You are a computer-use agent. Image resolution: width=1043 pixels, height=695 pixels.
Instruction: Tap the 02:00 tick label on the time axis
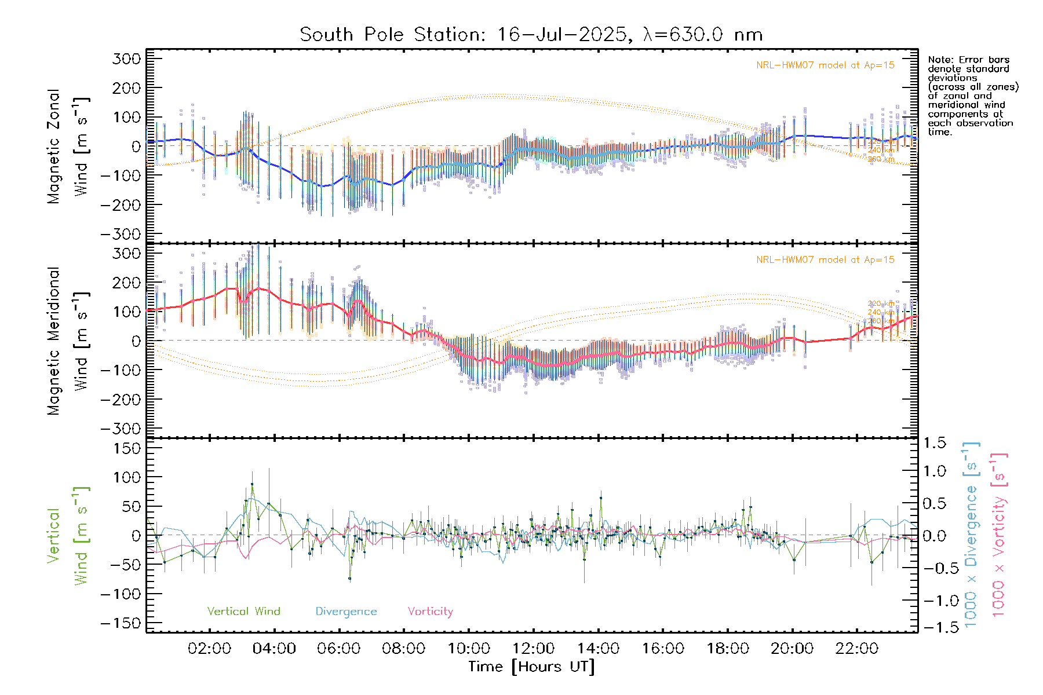pos(209,649)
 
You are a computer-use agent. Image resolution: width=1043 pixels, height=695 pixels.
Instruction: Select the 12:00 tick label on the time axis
pos(533,649)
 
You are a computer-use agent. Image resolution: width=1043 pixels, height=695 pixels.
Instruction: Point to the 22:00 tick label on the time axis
pos(857,649)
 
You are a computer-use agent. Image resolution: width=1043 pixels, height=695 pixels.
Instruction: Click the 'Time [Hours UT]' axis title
pos(531,667)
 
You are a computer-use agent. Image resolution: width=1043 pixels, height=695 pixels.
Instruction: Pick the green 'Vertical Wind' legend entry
pos(243,612)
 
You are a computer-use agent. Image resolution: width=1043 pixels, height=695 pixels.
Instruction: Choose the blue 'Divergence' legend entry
pos(346,612)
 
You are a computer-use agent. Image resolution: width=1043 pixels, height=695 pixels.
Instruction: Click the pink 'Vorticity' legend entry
pos(430,612)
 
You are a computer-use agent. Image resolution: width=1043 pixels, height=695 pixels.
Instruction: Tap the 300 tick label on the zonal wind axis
pos(126,58)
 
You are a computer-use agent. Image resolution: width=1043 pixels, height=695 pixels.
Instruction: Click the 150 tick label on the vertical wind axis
pos(126,448)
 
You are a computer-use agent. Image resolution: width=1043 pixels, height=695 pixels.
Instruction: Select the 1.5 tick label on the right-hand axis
pos(935,443)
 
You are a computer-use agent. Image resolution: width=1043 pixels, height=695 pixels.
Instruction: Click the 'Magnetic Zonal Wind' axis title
pos(68,146)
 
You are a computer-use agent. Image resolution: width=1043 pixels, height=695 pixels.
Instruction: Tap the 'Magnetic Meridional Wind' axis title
pos(68,341)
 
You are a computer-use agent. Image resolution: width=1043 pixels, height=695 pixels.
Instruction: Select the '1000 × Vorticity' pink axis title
pos(999,535)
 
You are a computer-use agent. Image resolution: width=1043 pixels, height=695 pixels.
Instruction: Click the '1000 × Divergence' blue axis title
pos(971,535)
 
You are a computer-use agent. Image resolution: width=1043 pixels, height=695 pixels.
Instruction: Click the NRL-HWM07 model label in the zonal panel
pos(825,65)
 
